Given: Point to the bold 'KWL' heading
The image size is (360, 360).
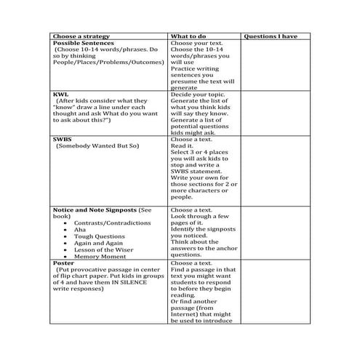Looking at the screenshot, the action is [60, 94].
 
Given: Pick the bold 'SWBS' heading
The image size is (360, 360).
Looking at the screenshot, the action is [63, 138].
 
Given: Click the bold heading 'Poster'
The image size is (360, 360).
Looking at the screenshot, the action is [64, 263].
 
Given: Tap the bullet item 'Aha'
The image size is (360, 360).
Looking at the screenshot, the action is [79, 229].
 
